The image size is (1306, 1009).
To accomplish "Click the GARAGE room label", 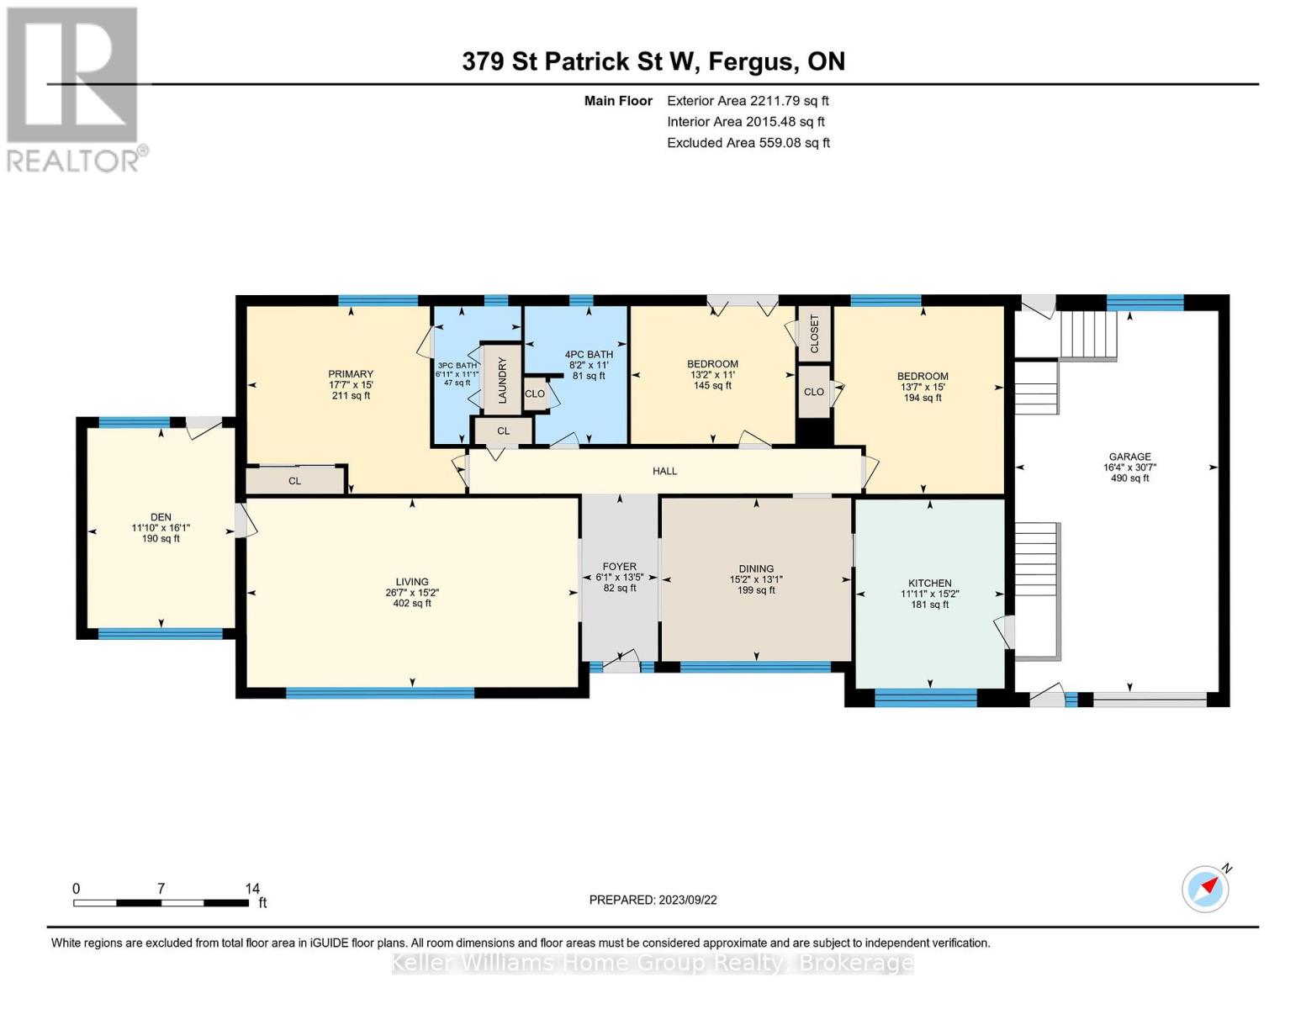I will [1129, 457].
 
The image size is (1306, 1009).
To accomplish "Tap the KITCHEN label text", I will [929, 583].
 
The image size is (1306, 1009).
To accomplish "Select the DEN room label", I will [161, 517].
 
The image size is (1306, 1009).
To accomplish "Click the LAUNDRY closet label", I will [502, 380].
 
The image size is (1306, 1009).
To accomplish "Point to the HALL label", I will [664, 471].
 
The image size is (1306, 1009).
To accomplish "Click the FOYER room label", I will [619, 567].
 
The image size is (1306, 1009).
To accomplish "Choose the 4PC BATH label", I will [589, 354].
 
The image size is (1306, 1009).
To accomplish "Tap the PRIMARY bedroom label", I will [351, 374].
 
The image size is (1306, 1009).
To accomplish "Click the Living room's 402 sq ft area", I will [412, 603].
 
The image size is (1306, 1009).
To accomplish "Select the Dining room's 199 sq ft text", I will [756, 590].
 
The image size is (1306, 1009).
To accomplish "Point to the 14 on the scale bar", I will [252, 888].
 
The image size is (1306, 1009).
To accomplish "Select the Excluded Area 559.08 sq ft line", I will [748, 143].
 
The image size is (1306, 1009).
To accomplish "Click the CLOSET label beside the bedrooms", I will [814, 334].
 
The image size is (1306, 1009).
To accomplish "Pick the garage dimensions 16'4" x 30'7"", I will [1129, 468].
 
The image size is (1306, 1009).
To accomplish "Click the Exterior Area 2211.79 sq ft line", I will [747, 101].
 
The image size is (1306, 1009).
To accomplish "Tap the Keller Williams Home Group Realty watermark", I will [653, 963].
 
